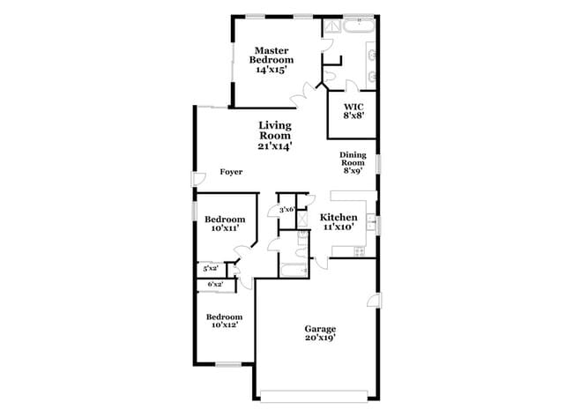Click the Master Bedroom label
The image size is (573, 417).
click(274, 59)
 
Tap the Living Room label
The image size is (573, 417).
click(274, 136)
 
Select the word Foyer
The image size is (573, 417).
click(231, 173)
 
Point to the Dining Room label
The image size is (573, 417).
click(353, 162)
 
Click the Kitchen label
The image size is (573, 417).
click(338, 221)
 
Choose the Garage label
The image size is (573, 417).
click(320, 333)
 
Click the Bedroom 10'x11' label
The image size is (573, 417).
click(225, 223)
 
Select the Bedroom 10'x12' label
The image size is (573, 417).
click(225, 321)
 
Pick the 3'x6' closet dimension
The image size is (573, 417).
click(286, 210)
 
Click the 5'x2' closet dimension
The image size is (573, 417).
click(211, 268)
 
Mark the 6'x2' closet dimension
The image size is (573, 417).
click(214, 284)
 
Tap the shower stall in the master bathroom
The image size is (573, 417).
click(331, 28)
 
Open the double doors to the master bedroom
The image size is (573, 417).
click(309, 90)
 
